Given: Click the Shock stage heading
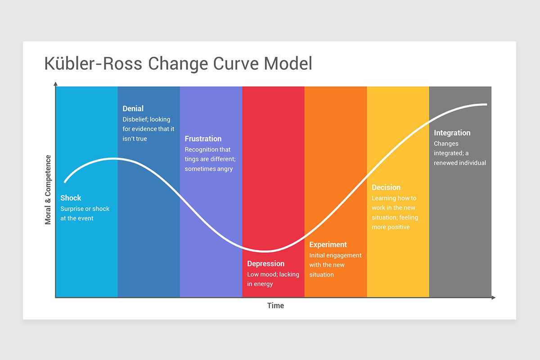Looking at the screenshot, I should tap(71, 198).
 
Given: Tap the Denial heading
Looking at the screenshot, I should tap(133, 108).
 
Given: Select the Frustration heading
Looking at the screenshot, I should tap(203, 139).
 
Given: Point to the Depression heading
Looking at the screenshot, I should tap(266, 264).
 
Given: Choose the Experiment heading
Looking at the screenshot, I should tap(328, 245).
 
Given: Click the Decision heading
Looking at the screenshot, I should tap(386, 188).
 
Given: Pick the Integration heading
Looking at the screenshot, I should tap(452, 133).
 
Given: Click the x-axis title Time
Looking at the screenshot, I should tap(275, 306).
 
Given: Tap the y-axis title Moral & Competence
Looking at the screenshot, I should tap(48, 190).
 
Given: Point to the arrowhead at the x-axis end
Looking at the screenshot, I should tap(493, 297).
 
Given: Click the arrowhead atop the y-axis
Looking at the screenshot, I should tap(55, 84).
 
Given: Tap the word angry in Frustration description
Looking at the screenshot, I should tap(224, 169).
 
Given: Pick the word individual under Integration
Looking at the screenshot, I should tap(472, 163).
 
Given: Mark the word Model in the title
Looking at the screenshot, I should tap(288, 63).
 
